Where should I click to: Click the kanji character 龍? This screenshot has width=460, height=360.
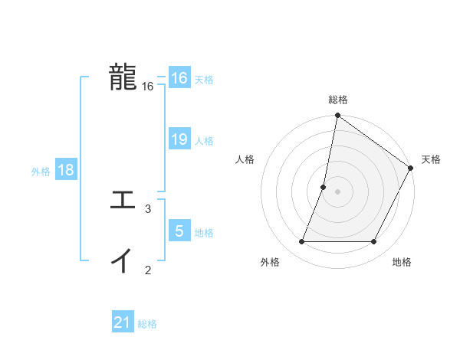point(123,77)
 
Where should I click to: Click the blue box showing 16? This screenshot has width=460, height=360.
point(179,78)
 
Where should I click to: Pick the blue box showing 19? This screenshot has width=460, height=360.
point(179,139)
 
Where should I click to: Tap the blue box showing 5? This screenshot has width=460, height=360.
point(179,231)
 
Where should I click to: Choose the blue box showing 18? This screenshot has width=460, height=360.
point(66,170)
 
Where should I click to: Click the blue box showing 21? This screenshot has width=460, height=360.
point(123,322)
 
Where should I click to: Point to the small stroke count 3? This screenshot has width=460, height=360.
point(148,208)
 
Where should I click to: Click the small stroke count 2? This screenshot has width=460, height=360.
point(148,269)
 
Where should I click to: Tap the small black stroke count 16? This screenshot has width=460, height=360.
point(148,87)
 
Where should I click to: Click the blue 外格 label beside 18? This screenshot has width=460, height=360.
point(41,172)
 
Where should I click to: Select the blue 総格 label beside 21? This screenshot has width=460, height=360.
point(147,324)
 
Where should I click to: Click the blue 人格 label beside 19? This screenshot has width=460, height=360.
point(204,141)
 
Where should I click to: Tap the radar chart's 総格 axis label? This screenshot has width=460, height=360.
point(337,100)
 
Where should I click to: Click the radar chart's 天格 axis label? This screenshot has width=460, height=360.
point(431,159)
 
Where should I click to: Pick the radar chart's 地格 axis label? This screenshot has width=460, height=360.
point(402,262)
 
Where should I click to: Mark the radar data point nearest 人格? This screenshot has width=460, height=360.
point(324,187)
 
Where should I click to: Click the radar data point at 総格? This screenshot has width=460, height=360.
point(337,116)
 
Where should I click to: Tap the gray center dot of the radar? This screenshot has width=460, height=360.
point(337,191)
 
